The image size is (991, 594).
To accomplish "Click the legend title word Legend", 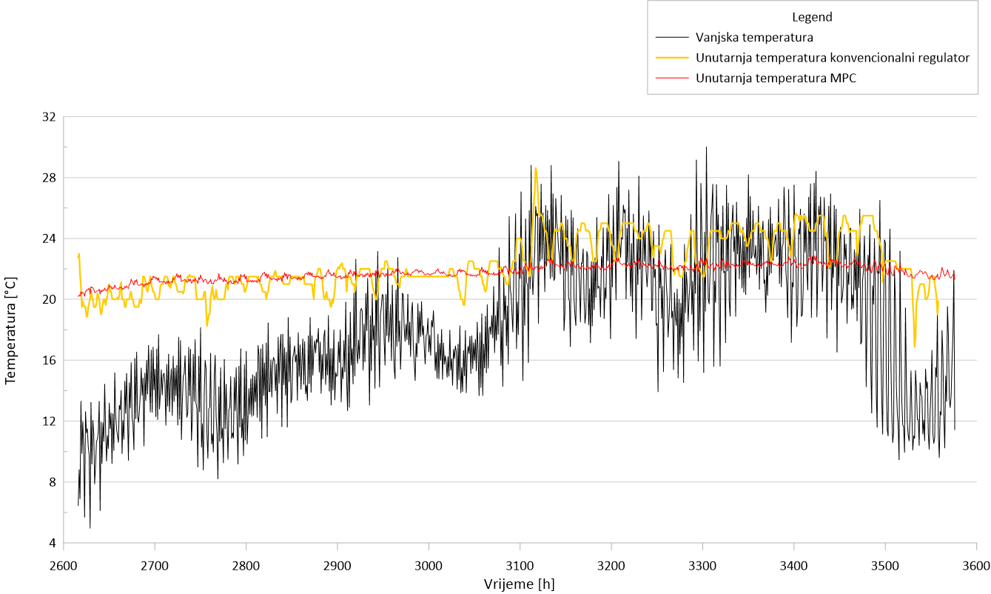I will pyautogui.click(x=812, y=17).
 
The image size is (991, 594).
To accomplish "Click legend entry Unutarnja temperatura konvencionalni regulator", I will pyautogui.click(x=833, y=57).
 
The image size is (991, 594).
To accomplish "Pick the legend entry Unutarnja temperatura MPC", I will pyautogui.click(x=776, y=78).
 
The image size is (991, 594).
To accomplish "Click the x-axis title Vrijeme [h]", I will pyautogui.click(x=519, y=584).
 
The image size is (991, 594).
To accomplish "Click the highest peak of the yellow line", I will pyautogui.click(x=535, y=168).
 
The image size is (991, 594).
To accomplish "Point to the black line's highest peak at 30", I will pyautogui.click(x=706, y=147).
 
